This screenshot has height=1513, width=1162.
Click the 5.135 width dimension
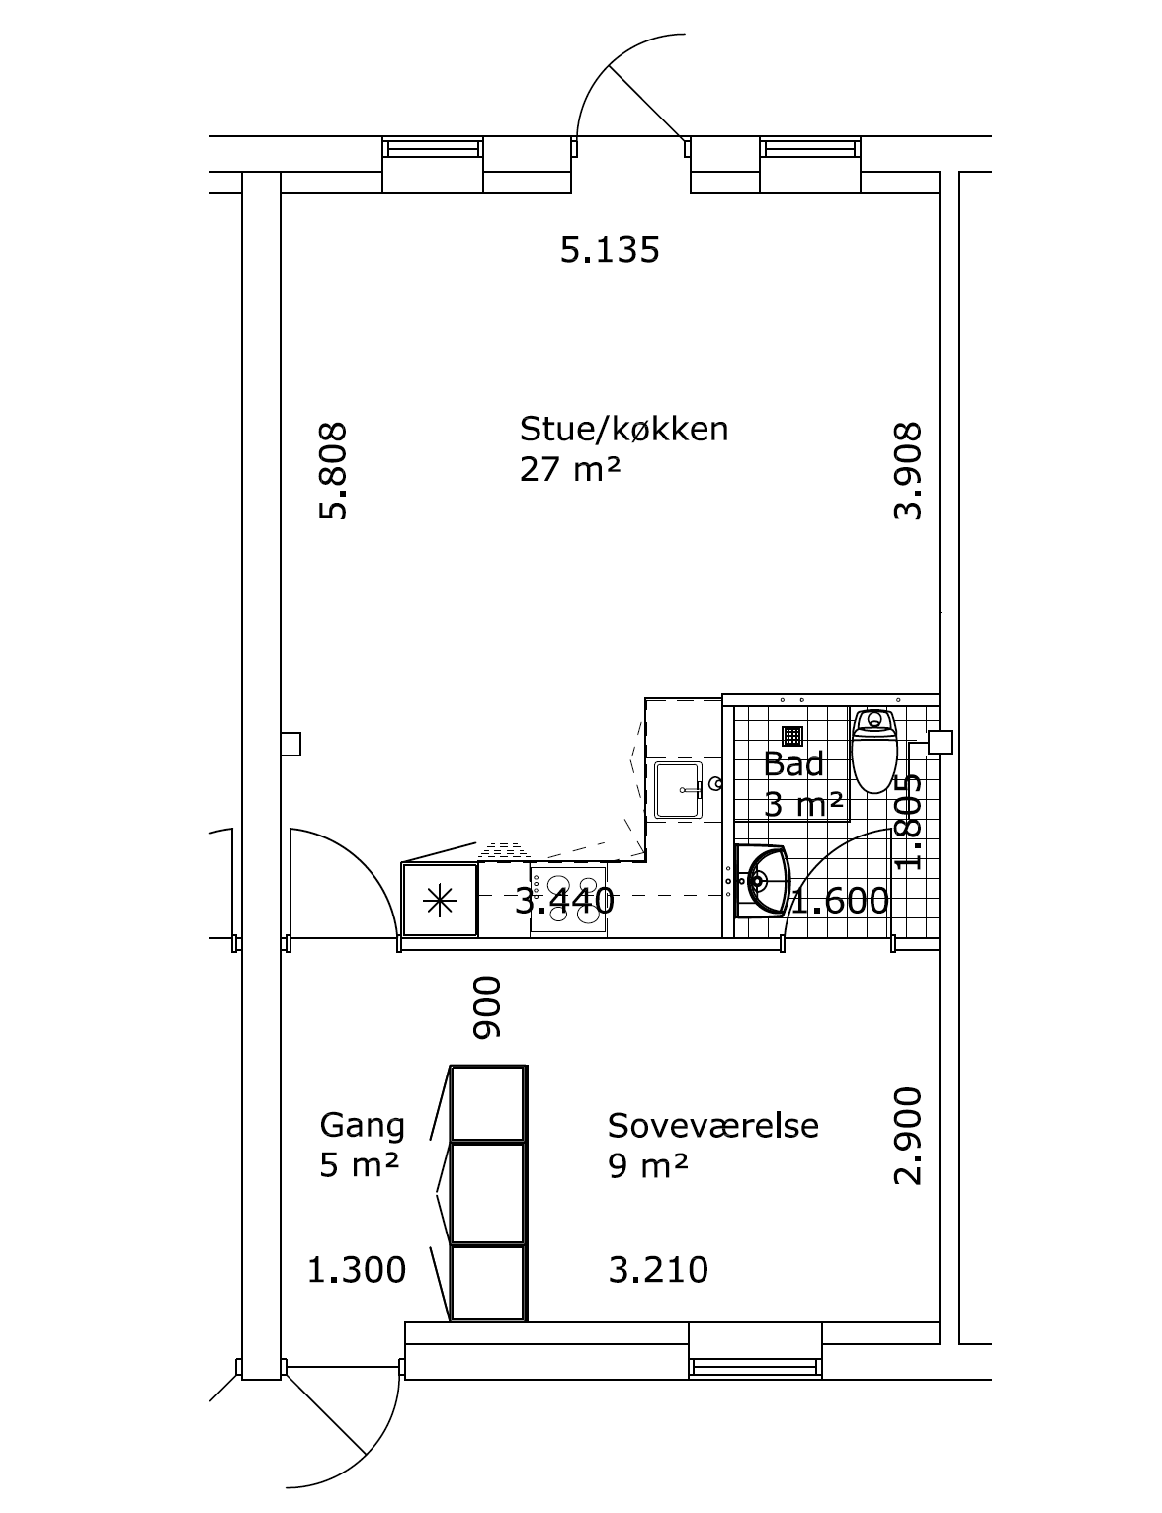[610, 250]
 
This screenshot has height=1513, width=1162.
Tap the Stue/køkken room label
[624, 429]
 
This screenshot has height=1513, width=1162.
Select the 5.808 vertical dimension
[333, 470]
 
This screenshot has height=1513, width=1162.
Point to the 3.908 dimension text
[908, 470]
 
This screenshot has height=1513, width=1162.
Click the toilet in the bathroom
[875, 751]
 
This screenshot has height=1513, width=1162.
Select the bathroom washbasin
[763, 882]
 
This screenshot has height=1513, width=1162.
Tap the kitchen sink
[678, 789]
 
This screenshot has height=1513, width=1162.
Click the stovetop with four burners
[568, 899]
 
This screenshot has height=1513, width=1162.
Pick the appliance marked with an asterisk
[440, 900]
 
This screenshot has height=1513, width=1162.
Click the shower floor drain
[792, 735]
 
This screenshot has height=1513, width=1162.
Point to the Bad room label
[793, 764]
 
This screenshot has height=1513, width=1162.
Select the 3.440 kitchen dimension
[565, 901]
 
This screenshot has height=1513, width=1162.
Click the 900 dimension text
[487, 1007]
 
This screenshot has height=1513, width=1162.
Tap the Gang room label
[363, 1126]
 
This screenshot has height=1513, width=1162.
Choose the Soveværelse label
[712, 1126]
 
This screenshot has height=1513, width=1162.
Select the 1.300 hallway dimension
[357, 1270]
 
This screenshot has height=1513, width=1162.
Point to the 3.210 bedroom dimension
[658, 1270]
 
